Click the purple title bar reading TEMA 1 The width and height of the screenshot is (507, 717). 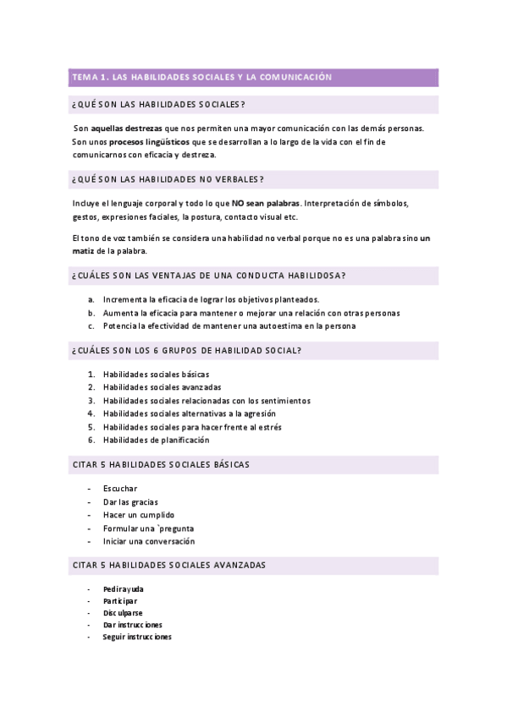253,78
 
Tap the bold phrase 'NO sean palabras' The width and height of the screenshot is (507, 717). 265,204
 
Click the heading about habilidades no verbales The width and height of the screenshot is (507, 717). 169,179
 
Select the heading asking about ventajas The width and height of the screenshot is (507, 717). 209,276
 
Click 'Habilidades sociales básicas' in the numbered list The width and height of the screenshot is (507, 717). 156,374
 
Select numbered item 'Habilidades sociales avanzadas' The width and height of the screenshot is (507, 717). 162,387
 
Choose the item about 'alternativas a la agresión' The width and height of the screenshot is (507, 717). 189,413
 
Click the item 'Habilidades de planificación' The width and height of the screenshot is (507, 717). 156,440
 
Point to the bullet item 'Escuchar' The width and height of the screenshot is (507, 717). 120,489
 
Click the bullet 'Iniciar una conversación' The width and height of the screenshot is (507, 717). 148,541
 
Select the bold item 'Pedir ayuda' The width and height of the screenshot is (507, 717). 124,588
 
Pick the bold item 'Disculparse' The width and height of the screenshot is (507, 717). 123,613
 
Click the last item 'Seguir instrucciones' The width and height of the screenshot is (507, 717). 137,637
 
